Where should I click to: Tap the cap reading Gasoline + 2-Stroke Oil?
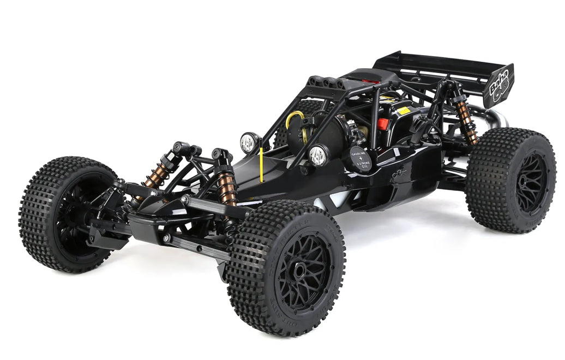pos(360,159)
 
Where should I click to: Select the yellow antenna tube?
pos(261,161)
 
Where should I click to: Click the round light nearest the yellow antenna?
pos(249,143)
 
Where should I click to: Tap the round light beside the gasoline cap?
pos(318,155)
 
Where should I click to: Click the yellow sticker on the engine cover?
pos(404,111)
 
